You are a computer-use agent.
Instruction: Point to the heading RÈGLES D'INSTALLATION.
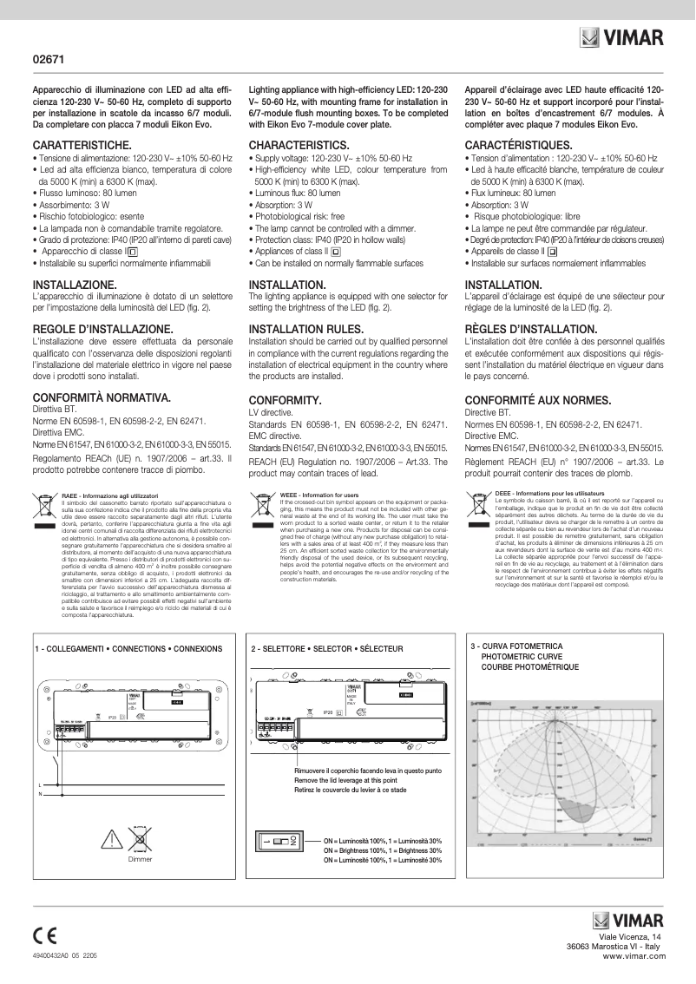(x=531, y=331)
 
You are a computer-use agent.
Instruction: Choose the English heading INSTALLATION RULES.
(x=308, y=331)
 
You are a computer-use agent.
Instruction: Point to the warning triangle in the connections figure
(x=113, y=839)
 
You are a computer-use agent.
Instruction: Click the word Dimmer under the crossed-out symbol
(x=140, y=859)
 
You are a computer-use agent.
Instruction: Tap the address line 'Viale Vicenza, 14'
(x=630, y=937)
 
